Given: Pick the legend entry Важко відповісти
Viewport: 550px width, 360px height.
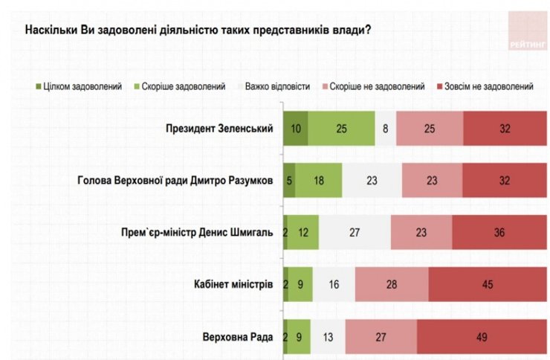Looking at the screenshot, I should click(x=273, y=86).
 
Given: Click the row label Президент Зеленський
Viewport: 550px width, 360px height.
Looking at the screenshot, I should click(x=220, y=129).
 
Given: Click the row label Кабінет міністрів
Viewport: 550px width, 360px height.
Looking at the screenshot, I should click(x=233, y=284).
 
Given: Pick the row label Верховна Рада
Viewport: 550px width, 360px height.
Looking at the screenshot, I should click(x=239, y=336).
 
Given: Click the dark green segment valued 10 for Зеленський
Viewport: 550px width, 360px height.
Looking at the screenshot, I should click(x=296, y=129).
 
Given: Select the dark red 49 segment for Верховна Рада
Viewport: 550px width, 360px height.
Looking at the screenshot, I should click(x=481, y=336).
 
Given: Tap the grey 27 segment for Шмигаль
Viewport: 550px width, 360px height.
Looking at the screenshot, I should click(x=354, y=232).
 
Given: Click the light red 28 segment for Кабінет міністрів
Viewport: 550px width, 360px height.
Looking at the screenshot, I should click(x=392, y=284).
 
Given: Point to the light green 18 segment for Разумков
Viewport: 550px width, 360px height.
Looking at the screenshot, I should click(x=318, y=180).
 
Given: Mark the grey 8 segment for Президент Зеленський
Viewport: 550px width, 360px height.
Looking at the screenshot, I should click(x=385, y=129).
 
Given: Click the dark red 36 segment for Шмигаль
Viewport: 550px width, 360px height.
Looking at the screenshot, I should click(x=498, y=232).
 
